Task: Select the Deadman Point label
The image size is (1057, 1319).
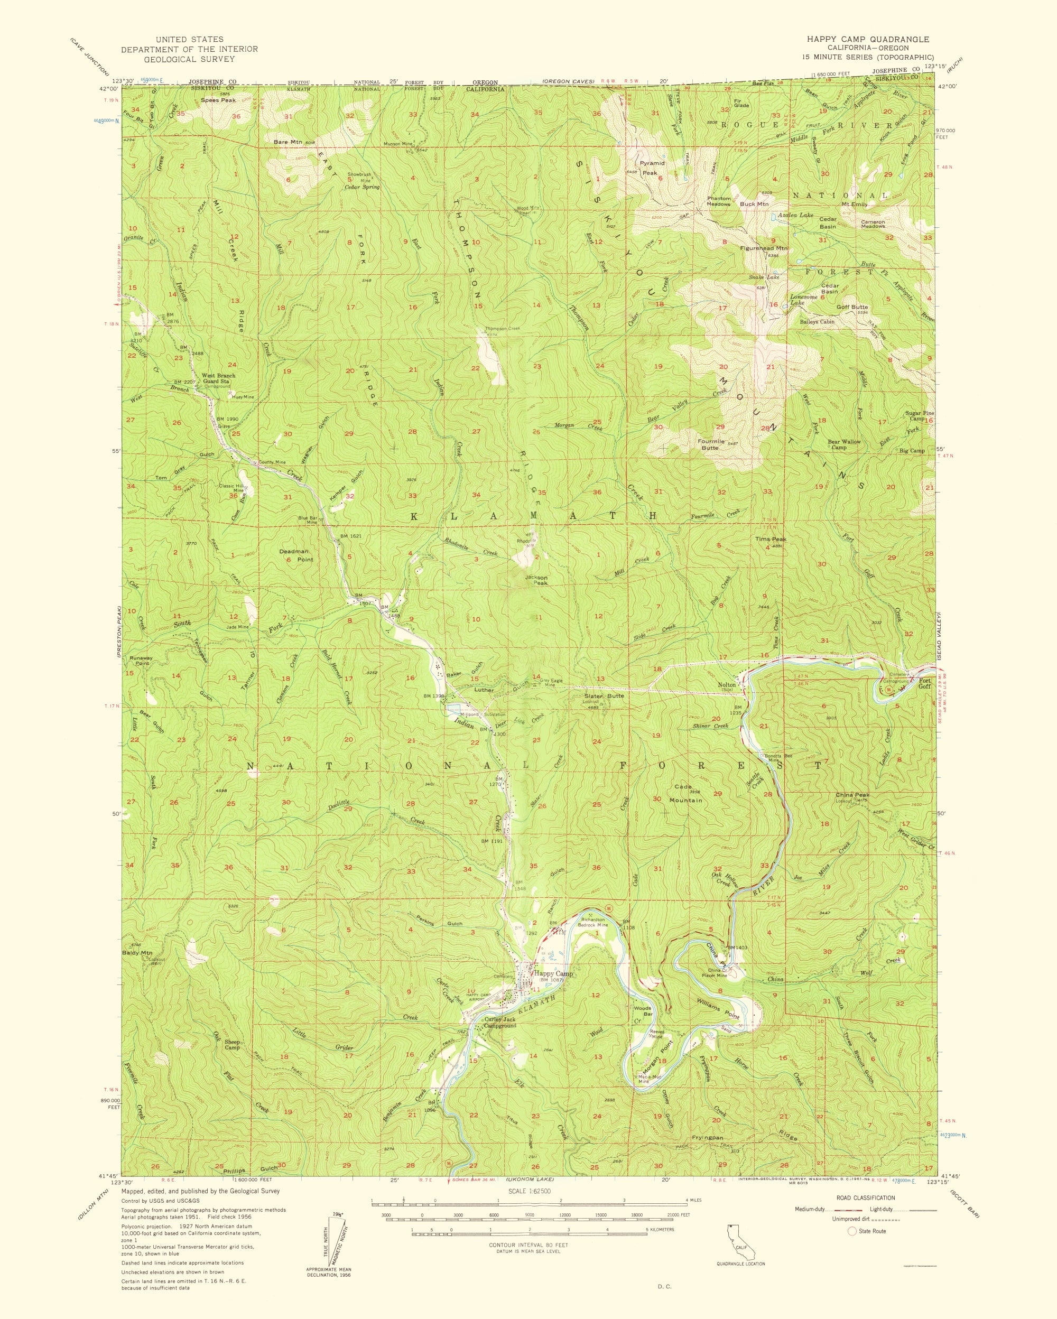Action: [x=296, y=555]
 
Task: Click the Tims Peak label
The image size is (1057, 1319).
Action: [x=770, y=539]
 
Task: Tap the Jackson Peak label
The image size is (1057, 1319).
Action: [x=536, y=580]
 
